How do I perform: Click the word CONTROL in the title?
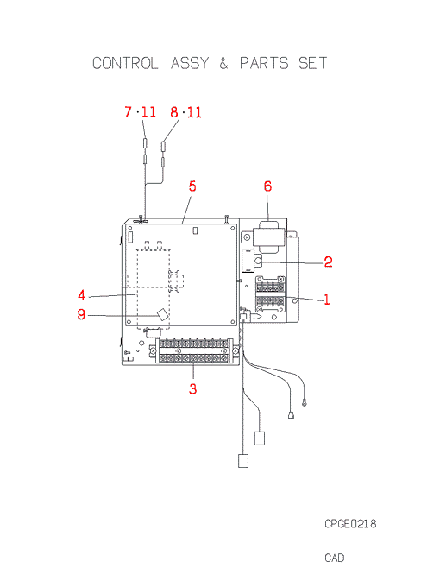pyautogui.click(x=125, y=63)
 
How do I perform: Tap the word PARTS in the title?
pyautogui.click(x=264, y=63)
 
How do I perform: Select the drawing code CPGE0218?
pyautogui.click(x=350, y=523)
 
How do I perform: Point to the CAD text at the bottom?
pyautogui.click(x=334, y=558)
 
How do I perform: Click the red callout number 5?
pyautogui.click(x=192, y=186)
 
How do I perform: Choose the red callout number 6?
pyautogui.click(x=267, y=186)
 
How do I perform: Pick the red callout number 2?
pyautogui.click(x=328, y=262)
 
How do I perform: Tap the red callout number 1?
pyautogui.click(x=327, y=300)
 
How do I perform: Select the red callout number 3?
pyautogui.click(x=192, y=388)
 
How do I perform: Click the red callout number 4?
pyautogui.click(x=81, y=295)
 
